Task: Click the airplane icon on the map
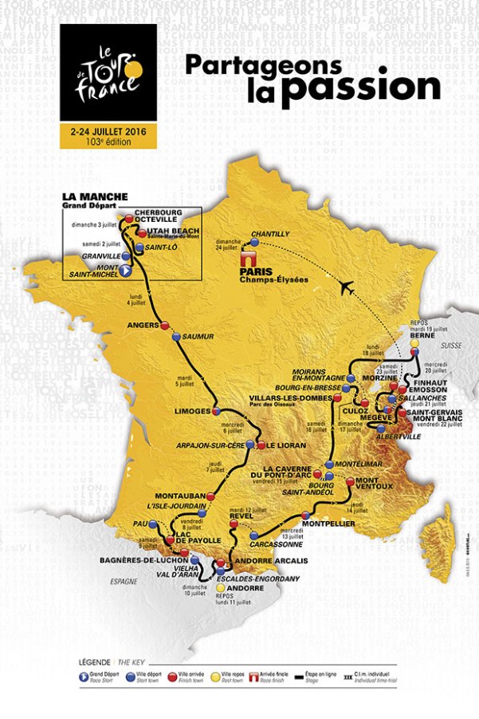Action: pos(347,288)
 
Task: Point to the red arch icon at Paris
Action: pos(247,258)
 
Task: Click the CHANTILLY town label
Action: pos(269,235)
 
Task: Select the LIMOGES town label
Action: pos(190,411)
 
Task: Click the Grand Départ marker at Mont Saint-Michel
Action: pos(126,271)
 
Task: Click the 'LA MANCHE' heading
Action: pos(92,196)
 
